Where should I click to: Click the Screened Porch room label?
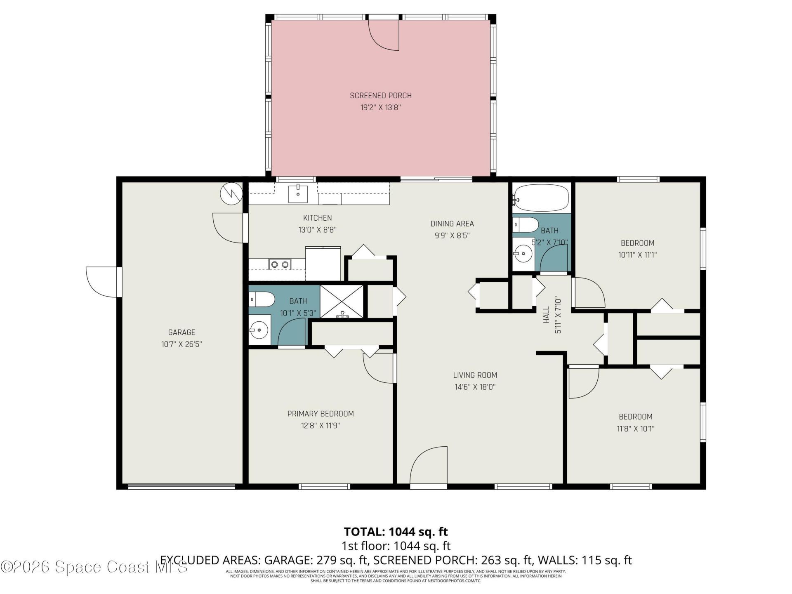380,96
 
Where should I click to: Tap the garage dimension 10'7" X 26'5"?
181,344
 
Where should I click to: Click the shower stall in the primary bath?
342,302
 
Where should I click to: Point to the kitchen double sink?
280,264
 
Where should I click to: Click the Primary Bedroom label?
321,414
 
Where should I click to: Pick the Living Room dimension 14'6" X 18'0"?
475,387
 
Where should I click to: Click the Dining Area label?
452,224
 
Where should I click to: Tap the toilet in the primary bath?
262,299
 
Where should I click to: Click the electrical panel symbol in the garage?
231,193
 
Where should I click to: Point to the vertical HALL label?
547,314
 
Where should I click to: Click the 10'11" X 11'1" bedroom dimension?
637,255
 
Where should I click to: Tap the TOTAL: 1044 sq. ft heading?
396,532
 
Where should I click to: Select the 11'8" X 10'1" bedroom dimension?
635,429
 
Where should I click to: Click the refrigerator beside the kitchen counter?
323,264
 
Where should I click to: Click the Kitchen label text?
317,218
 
